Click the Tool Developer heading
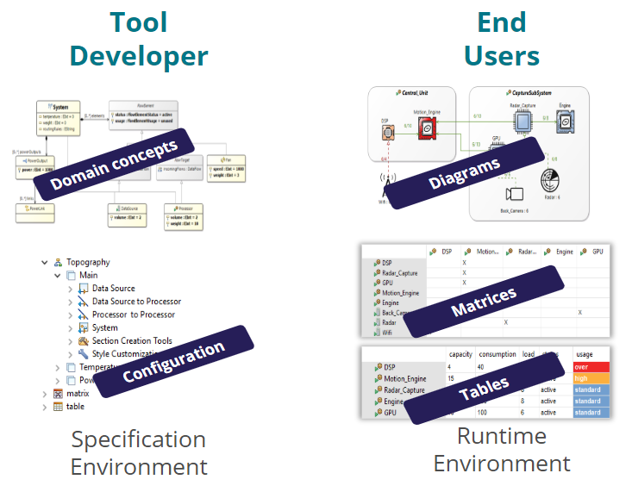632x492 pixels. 139,40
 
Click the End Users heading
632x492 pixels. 502,40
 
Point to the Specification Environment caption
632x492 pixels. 139,453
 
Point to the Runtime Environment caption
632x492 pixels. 501,449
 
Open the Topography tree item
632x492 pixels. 88,262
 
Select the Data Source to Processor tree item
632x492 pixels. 136,302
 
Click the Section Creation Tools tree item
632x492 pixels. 131,340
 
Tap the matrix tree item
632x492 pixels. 77,393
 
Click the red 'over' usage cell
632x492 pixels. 591,367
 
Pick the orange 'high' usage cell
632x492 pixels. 591,378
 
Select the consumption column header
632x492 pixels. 497,354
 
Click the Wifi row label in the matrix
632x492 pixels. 388,332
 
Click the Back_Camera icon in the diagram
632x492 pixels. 516,193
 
